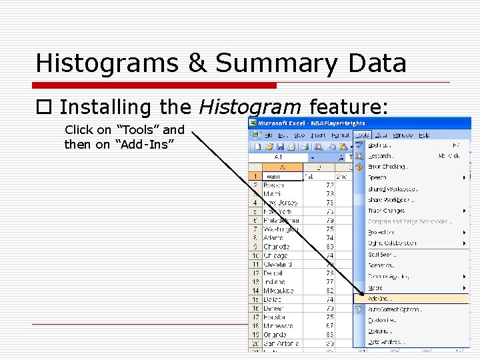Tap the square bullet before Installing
point(45,107)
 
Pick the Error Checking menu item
point(387,167)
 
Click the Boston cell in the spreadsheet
point(273,185)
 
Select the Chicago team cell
point(275,255)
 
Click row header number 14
point(255,291)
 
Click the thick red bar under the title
point(156,85)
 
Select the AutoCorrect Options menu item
point(395,309)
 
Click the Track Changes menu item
point(387,211)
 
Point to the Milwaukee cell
point(278,291)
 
